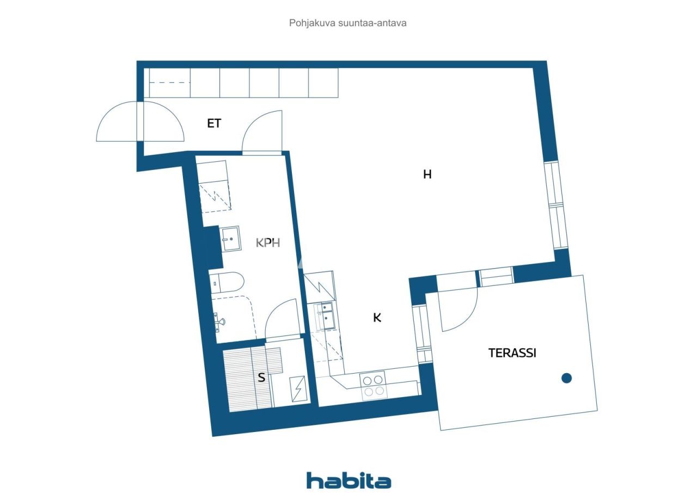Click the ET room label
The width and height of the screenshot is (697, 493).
click(x=214, y=124)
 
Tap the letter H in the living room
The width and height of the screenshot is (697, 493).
click(x=427, y=174)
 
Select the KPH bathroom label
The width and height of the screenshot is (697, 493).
click(x=268, y=243)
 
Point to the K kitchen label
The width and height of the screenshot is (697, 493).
click(x=377, y=318)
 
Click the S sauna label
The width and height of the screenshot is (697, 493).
click(x=261, y=377)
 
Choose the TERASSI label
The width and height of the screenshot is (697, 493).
click(x=512, y=353)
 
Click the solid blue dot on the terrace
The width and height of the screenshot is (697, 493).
click(x=566, y=378)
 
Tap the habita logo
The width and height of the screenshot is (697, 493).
click(x=348, y=480)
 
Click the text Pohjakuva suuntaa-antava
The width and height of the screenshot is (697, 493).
click(x=348, y=23)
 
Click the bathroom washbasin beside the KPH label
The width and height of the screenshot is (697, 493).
click(x=230, y=239)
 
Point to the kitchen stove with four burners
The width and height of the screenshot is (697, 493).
click(x=373, y=386)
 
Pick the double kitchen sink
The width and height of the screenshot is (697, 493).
click(x=326, y=316)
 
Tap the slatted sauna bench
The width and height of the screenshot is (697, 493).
click(x=248, y=379)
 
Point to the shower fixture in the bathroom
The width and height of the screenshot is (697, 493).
click(x=219, y=322)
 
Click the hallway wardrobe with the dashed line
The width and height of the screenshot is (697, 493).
click(x=168, y=83)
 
